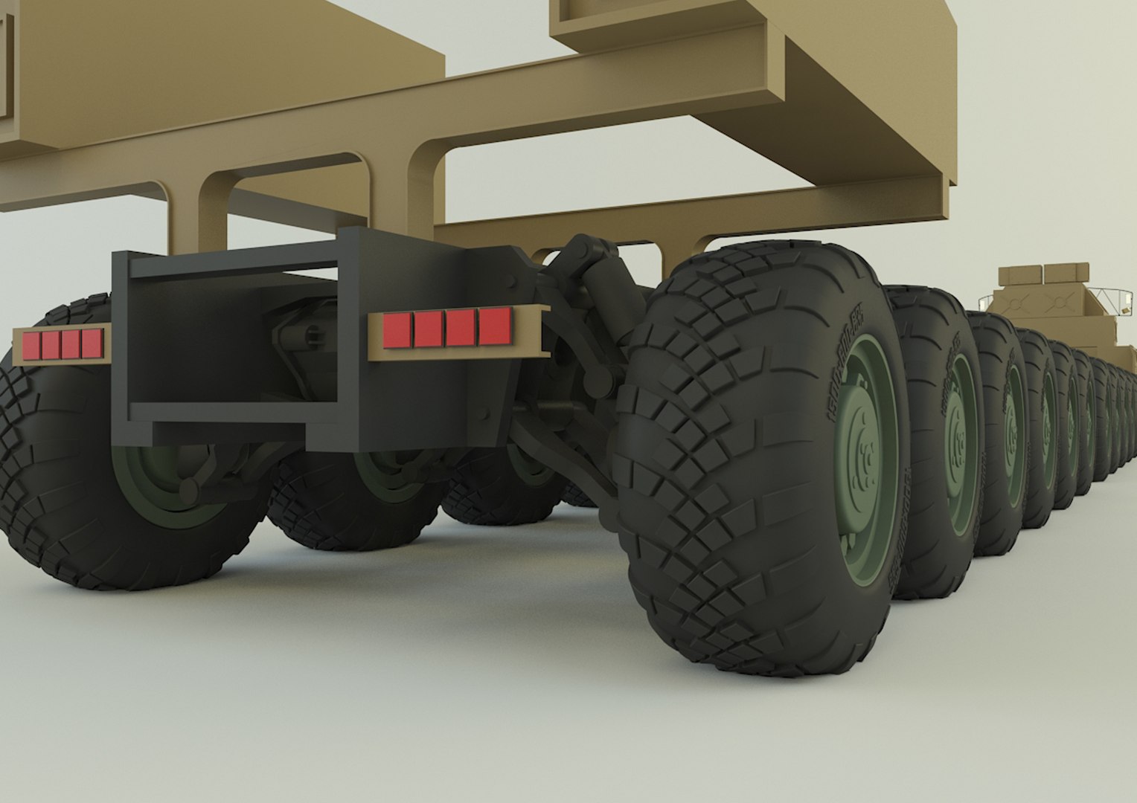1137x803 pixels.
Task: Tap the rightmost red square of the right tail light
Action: pos(495,326)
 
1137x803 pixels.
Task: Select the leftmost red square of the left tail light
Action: pos(31,344)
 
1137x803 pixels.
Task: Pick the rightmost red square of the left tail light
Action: pos(91,343)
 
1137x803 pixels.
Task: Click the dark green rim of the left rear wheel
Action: pos(160,476)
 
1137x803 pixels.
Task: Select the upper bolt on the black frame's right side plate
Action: pos(514,280)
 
